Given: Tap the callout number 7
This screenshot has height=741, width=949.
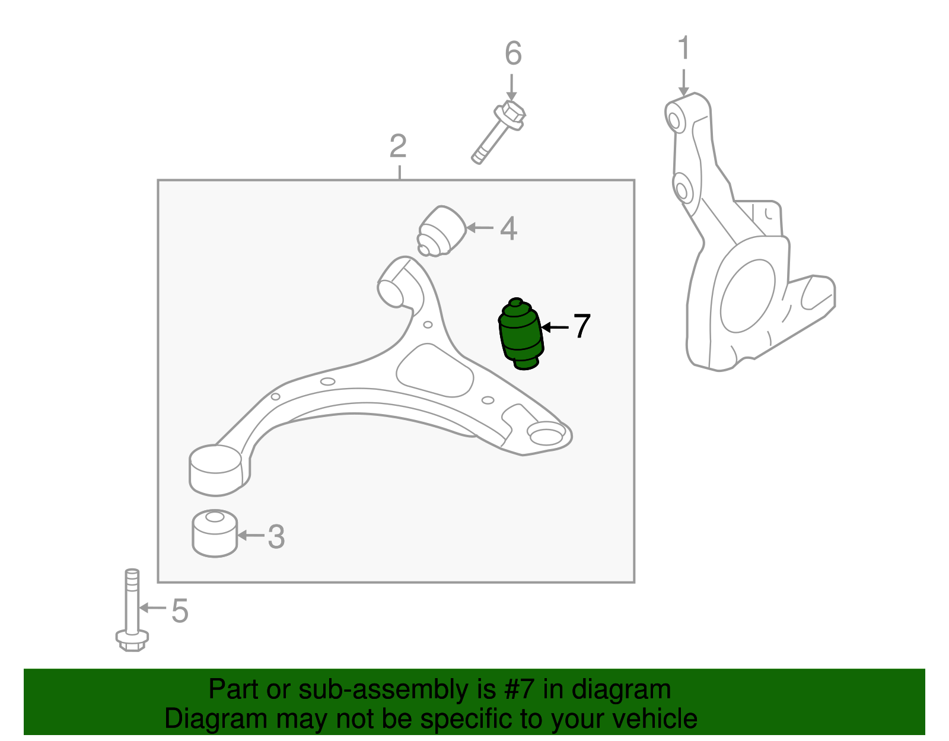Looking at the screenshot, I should click(581, 326).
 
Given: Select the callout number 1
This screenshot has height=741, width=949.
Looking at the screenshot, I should click(684, 48).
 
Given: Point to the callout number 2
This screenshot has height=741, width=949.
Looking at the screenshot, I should click(398, 146).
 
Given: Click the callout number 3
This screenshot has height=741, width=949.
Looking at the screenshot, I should click(276, 537).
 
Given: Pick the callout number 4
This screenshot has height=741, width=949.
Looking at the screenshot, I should click(508, 228).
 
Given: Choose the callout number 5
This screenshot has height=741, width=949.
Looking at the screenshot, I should click(180, 611).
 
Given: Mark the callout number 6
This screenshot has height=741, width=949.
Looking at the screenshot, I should click(513, 54).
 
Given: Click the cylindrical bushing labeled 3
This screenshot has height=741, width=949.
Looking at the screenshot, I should click(215, 533).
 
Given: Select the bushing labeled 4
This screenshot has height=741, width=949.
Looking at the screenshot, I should click(442, 231).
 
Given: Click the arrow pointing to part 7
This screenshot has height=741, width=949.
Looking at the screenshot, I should click(555, 327).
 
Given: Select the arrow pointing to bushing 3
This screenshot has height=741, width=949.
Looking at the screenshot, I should click(250, 536).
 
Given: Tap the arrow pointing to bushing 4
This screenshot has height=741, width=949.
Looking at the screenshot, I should click(480, 228).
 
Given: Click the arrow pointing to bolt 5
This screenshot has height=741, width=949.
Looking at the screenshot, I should click(152, 608).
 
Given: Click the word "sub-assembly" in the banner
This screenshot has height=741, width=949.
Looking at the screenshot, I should click(396, 690).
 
